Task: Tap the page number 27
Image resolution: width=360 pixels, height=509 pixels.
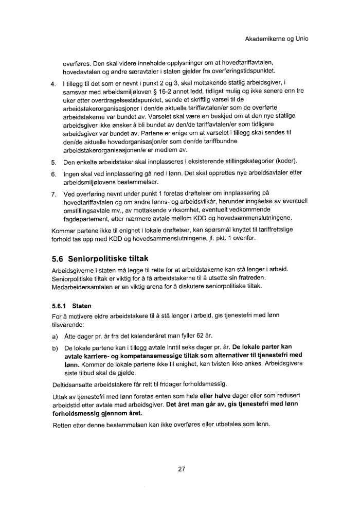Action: [x=181, y=469]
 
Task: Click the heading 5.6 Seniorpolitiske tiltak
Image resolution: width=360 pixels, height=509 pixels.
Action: [x=101, y=258]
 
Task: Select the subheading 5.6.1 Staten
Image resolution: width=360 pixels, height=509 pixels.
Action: [x=72, y=305]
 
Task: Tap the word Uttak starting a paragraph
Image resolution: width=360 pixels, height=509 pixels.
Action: [x=61, y=396]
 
